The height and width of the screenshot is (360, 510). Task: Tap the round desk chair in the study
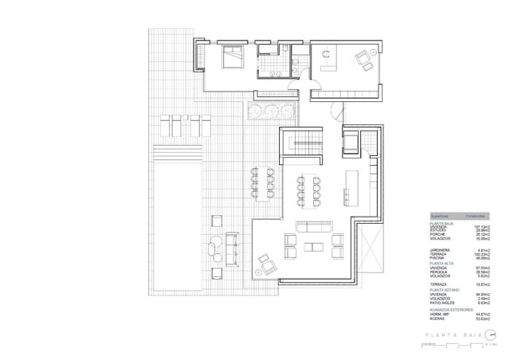point(326,53)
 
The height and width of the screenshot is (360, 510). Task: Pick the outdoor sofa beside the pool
point(233,248)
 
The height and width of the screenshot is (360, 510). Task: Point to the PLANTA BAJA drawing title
point(449,335)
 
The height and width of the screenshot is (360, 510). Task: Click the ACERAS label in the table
point(438,319)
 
